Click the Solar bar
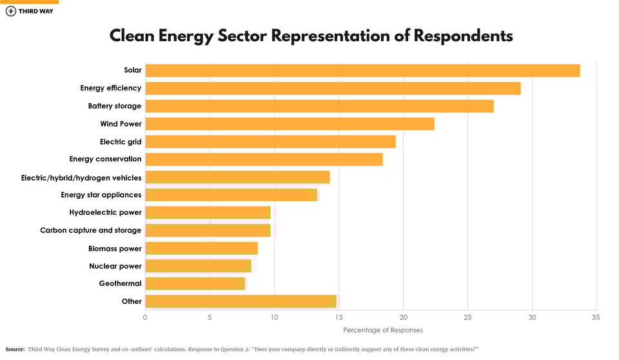click(x=362, y=70)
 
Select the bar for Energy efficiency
click(x=333, y=88)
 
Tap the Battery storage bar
click(x=319, y=106)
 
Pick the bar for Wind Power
click(x=290, y=124)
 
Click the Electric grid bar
click(x=270, y=141)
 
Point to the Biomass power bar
click(x=201, y=248)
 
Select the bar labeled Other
click(x=241, y=301)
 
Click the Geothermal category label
click(x=120, y=283)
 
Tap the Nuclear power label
click(x=115, y=266)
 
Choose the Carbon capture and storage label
click(x=90, y=230)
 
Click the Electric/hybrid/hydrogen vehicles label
click(x=81, y=177)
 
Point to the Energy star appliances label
click(x=101, y=195)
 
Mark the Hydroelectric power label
click(x=105, y=212)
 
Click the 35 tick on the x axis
click(x=596, y=317)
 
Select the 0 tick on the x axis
click(x=145, y=317)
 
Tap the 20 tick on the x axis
click(x=403, y=317)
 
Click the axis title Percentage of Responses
click(x=383, y=330)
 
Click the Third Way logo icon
click(x=11, y=11)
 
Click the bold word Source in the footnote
click(x=15, y=349)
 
